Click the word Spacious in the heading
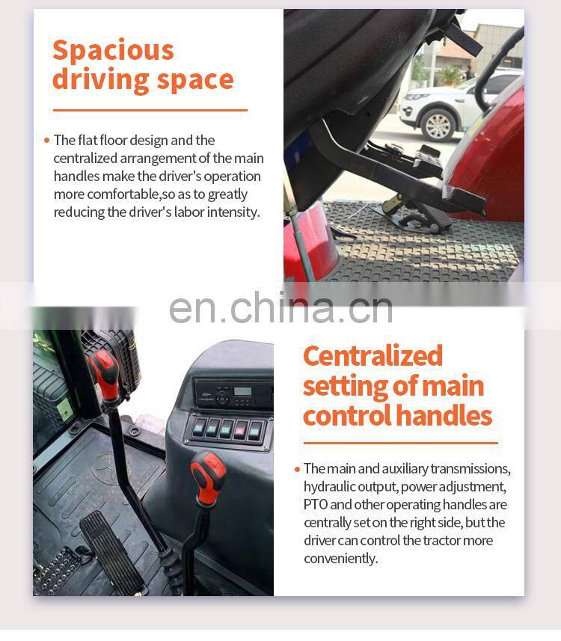tap(113, 51)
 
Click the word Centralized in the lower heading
tap(373, 356)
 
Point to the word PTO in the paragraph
tap(316, 504)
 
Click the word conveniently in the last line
tap(340, 559)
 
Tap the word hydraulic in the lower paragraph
tap(330, 487)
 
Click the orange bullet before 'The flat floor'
tap(46, 141)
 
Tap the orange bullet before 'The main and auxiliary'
tap(297, 469)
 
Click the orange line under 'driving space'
tap(150, 110)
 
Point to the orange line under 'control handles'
tap(401, 443)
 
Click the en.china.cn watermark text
tap(281, 308)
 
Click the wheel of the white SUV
tap(438, 125)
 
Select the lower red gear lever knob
tap(208, 476)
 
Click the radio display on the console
tap(242, 391)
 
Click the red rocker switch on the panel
tap(239, 430)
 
